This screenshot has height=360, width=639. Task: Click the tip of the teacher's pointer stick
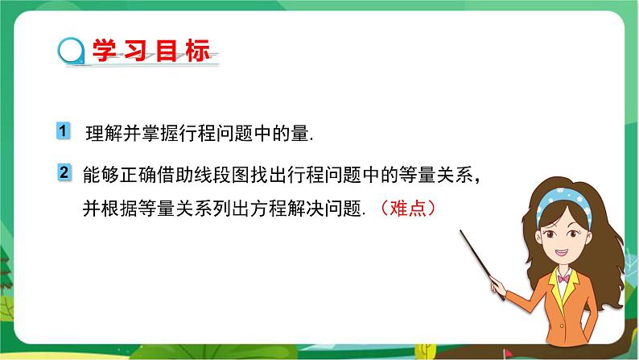tap(462, 232)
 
